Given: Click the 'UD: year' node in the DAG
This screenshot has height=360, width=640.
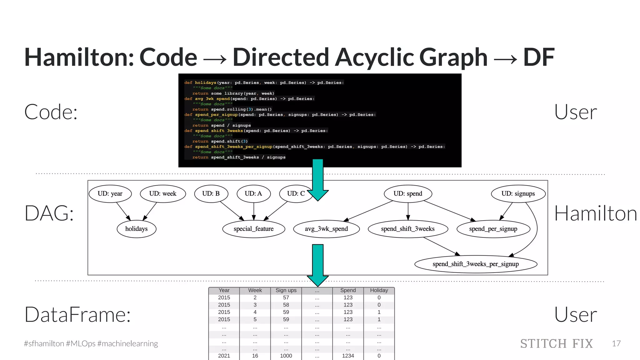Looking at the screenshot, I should click(110, 194).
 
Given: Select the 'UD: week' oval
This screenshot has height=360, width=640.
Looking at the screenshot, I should click(163, 194).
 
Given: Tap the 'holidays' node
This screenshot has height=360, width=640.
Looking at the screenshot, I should click(136, 229).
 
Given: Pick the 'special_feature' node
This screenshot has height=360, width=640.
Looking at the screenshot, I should click(253, 229).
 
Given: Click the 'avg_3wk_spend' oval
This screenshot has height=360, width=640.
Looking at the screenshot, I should click(326, 229).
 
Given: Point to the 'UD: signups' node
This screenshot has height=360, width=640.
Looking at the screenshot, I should click(518, 194).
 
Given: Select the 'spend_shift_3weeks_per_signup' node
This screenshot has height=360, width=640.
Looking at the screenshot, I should click(476, 264).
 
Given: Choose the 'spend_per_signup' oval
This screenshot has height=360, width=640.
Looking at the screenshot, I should click(493, 229).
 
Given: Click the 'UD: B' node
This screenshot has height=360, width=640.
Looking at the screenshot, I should click(211, 194).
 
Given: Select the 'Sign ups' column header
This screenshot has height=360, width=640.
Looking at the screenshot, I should click(286, 290).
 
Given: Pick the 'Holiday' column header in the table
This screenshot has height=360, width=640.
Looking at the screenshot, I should click(379, 290).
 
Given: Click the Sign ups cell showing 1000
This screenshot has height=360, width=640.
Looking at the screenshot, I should click(286, 356).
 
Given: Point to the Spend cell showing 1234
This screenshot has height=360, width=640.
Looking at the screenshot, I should click(348, 356).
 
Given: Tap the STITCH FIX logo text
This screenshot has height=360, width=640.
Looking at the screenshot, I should click(556, 344).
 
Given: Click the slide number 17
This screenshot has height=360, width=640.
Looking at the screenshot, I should click(616, 344).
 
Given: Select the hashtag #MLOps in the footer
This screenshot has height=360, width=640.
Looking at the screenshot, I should click(81, 344).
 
